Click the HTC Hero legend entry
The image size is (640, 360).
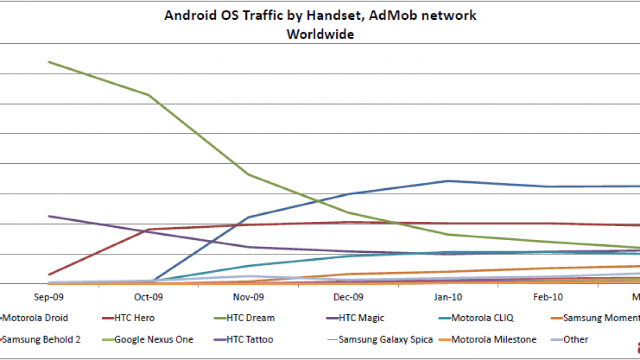134,318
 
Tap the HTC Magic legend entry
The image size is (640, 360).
361,318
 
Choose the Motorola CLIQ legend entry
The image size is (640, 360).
482,318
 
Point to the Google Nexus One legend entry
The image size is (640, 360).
154,339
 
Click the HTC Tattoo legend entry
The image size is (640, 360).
250,339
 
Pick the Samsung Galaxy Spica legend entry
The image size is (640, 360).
386,339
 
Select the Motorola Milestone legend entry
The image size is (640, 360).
493,339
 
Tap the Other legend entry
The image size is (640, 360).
575,339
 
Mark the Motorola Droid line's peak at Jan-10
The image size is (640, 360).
448,181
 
